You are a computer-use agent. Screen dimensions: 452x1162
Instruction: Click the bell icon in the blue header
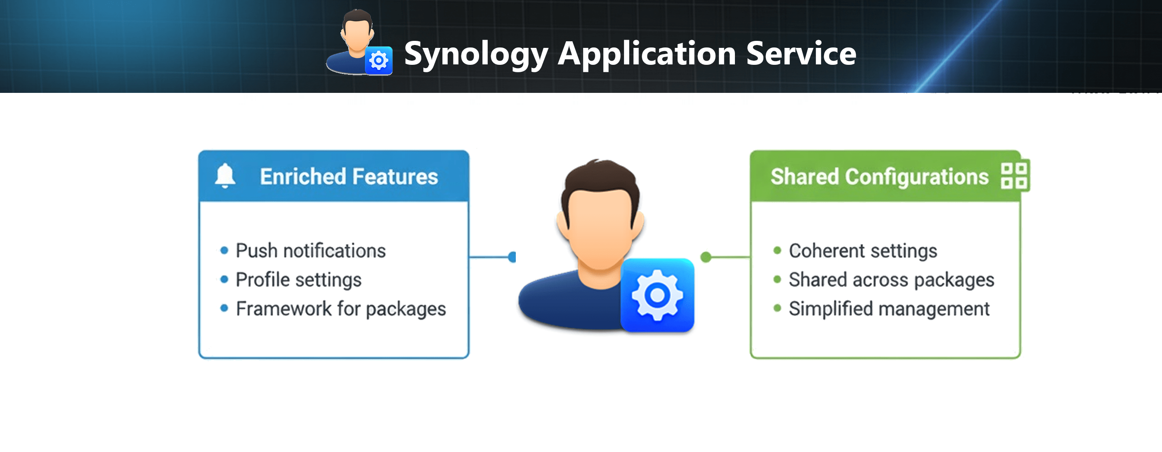pos(225,176)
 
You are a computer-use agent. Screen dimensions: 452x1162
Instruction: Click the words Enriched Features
pos(349,176)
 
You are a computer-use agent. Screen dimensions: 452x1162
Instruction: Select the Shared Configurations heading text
pos(879,176)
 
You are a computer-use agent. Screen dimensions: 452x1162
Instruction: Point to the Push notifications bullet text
pos(310,251)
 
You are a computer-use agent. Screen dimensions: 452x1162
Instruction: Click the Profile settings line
pos(298,280)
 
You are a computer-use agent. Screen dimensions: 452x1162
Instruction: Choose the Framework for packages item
pos(340,309)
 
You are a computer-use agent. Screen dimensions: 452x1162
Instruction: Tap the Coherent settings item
pos(862,251)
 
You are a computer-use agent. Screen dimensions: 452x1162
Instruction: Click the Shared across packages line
pos(891,280)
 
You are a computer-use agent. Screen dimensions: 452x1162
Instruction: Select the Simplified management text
pos(889,309)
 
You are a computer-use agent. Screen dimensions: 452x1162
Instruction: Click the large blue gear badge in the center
pos(657,296)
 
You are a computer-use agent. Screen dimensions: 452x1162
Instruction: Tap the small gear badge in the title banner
pos(378,60)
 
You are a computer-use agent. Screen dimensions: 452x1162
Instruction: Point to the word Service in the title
pos(801,54)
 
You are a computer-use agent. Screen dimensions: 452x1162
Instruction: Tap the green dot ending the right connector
pos(706,257)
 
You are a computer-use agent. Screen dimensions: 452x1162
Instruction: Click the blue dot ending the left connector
pos(512,257)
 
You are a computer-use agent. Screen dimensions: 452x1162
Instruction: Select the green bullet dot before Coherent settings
pos(777,251)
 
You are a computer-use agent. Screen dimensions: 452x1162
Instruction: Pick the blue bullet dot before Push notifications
pos(224,251)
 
